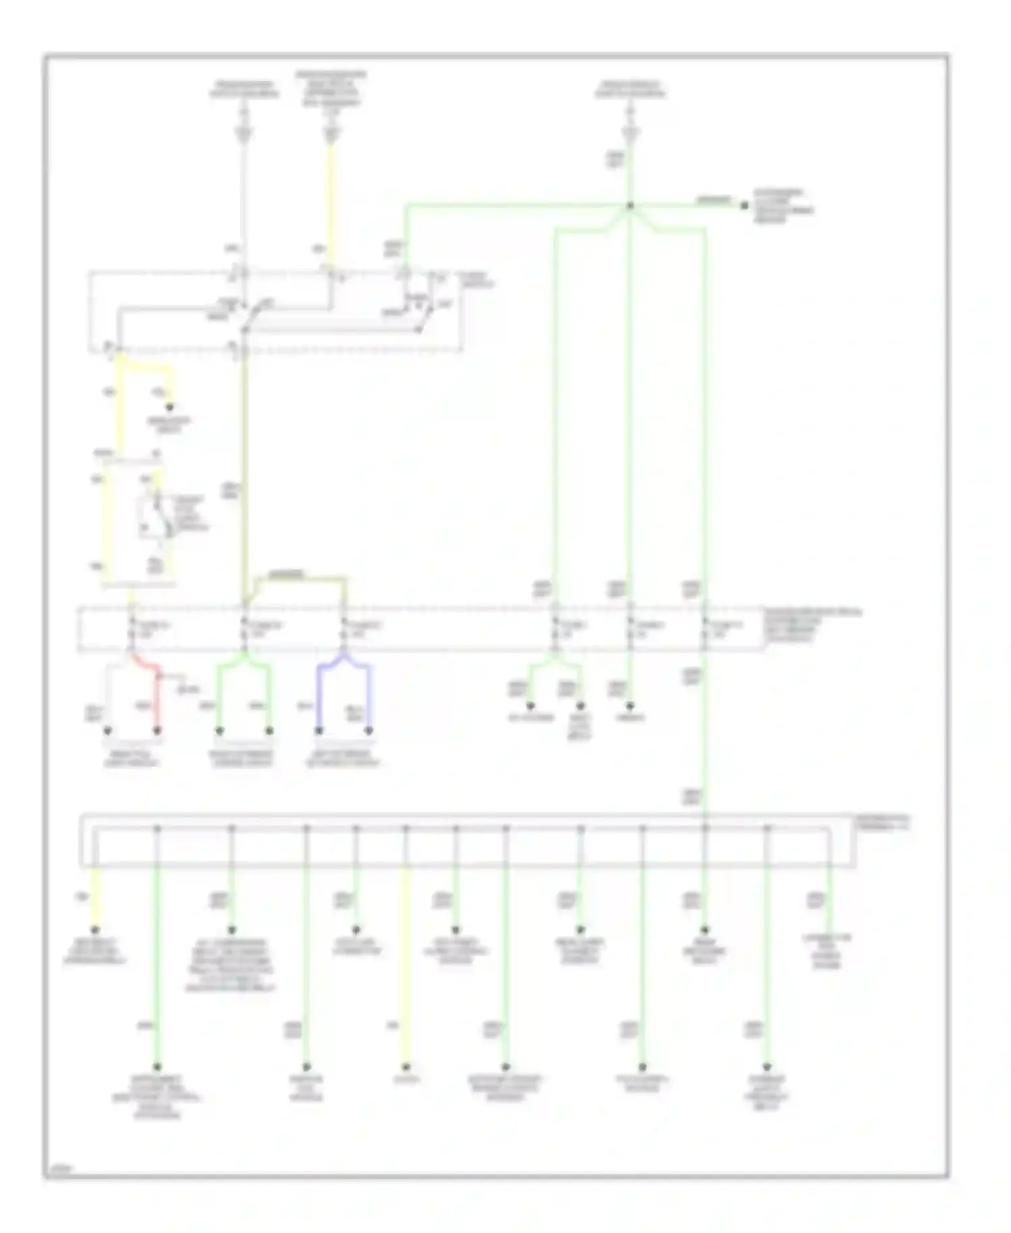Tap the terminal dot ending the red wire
158,730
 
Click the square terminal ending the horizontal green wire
744,206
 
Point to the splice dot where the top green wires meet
630,206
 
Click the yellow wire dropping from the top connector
331,202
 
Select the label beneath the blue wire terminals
343,758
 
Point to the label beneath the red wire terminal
132,758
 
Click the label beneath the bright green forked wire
243,758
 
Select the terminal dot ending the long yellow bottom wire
406,1068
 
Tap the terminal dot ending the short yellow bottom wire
95,930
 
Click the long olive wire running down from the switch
244,472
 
